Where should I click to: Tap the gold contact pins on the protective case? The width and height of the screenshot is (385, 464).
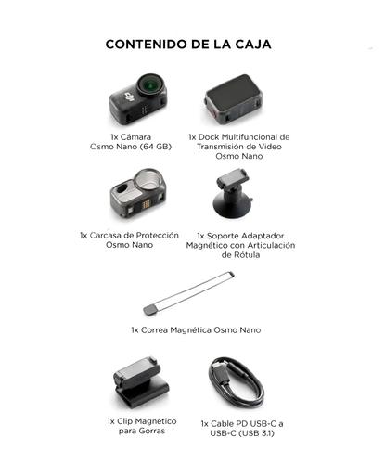pos(147,201)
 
